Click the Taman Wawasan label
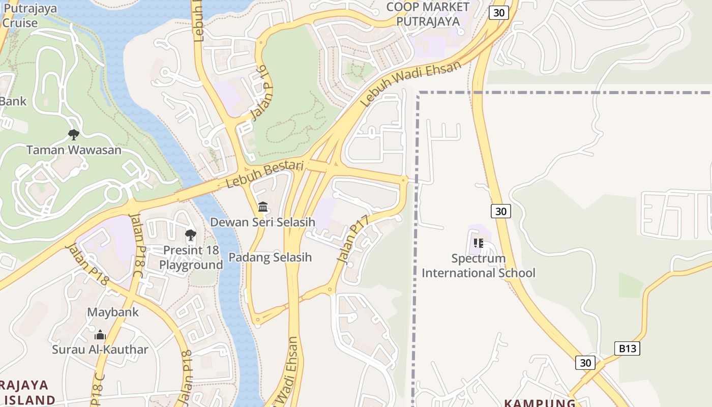tap(74, 150)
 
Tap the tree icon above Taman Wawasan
tap(74, 135)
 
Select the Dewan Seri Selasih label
tap(262, 222)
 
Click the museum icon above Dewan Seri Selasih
tap(263, 207)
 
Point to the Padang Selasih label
tap(270, 257)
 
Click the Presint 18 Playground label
tap(191, 258)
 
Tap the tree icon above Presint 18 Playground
tap(191, 235)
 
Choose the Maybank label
tap(113, 312)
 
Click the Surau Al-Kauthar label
tap(100, 350)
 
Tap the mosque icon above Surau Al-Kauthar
tap(100, 335)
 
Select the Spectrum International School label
tap(479, 266)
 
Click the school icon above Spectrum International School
tap(478, 243)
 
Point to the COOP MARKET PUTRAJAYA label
tap(428, 14)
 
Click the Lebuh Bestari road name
tap(264, 175)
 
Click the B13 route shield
tap(627, 348)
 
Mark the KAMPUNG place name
tap(540, 403)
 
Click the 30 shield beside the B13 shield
tap(585, 363)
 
